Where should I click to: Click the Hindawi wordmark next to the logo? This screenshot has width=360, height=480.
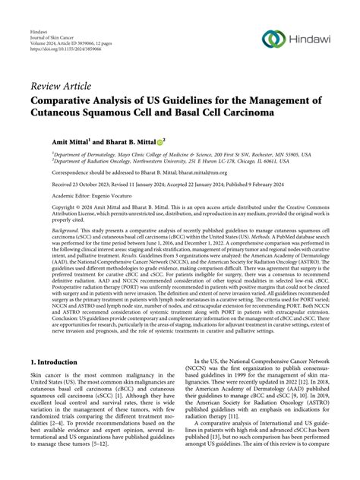(314, 39)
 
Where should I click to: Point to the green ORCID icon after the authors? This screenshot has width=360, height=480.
(160, 142)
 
